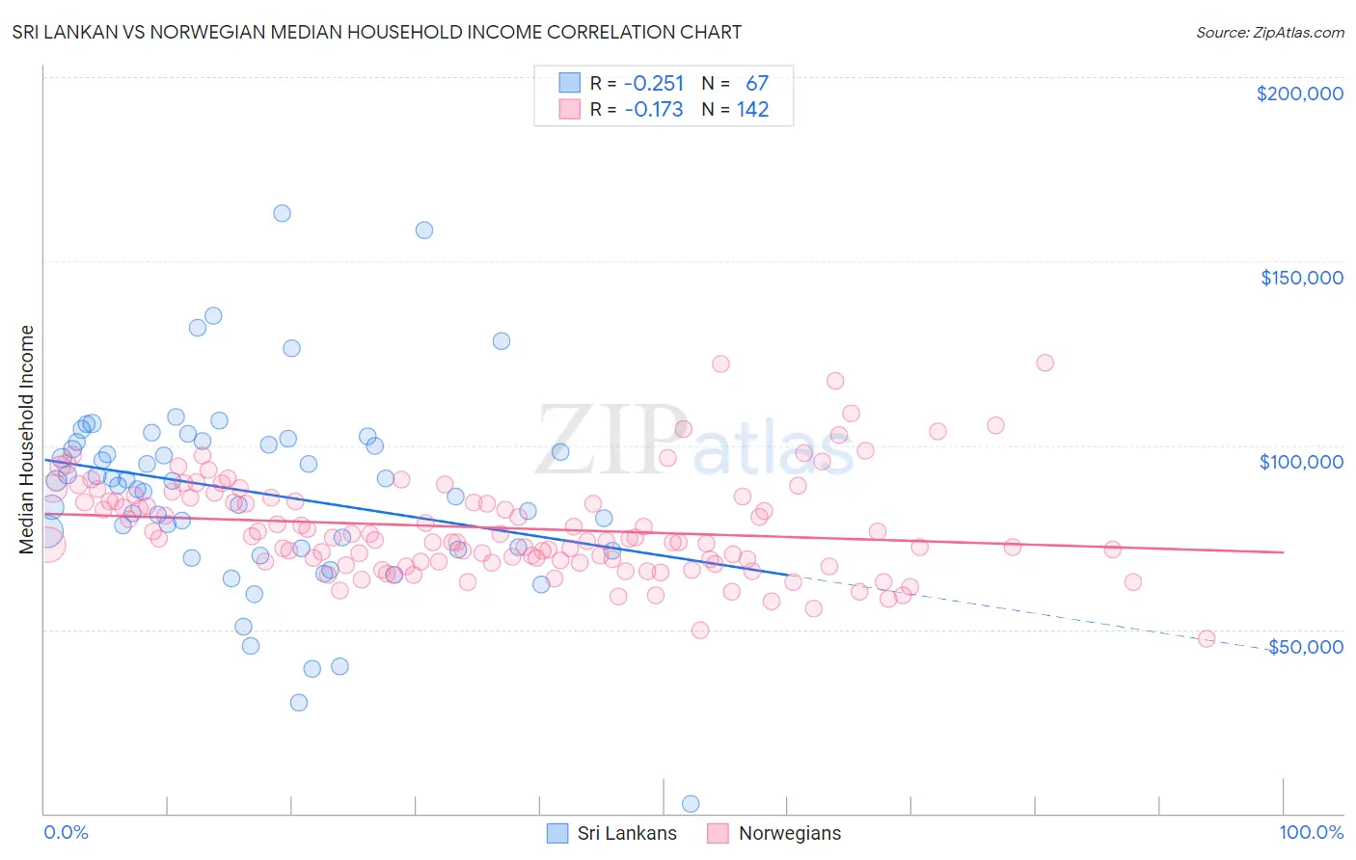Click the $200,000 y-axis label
[1299, 94]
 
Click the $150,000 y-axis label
[1301, 278]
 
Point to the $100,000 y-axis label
[1301, 462]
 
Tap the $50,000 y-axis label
[1305, 646]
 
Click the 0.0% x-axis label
[66, 832]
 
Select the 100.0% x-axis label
[1311, 832]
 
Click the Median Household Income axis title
[26, 440]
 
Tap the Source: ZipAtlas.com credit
[1269, 32]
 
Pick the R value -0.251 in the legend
[653, 84]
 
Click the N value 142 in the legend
[752, 110]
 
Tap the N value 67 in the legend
[756, 84]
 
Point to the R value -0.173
[653, 110]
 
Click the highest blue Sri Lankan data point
[282, 213]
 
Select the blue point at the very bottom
[691, 803]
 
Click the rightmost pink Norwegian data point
[1206, 638]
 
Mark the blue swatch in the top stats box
[570, 84]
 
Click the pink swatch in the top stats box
[570, 110]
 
